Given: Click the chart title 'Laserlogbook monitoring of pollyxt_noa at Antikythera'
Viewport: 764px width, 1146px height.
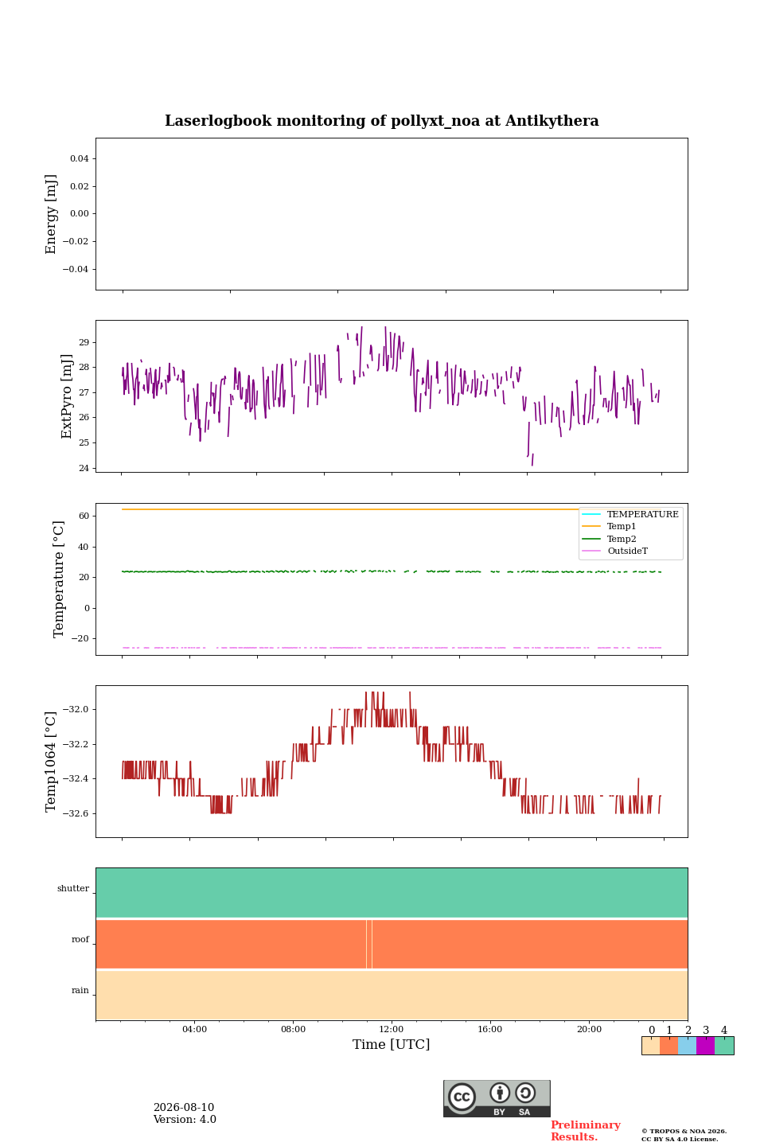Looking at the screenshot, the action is point(381,121).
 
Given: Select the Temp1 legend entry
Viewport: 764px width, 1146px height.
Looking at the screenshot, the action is point(622,526).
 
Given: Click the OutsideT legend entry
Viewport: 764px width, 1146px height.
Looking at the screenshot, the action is point(627,551).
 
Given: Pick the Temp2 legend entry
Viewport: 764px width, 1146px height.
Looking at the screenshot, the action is point(622,539).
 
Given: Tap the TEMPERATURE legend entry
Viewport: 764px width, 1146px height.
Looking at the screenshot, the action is point(643,514).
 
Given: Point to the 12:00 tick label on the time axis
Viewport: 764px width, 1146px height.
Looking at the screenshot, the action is point(391,1029).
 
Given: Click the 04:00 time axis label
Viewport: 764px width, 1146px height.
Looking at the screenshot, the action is point(194,1029).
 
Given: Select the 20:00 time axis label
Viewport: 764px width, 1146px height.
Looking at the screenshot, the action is point(589,1029).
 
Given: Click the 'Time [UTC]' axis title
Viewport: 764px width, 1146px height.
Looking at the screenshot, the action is point(391,1044).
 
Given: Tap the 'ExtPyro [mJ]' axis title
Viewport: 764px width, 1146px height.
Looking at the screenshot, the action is point(66,396).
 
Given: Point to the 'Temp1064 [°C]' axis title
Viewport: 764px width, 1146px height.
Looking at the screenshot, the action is point(50,762).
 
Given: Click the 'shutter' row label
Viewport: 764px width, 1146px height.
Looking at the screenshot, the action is point(73,888).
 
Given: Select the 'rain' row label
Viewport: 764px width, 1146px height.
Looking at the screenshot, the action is point(80,990).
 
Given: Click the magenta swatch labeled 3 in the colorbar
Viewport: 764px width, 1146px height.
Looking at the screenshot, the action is point(706,1045).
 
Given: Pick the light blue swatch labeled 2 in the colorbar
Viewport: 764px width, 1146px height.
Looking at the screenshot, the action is point(688,1045).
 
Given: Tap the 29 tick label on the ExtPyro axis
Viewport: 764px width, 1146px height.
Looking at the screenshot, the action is point(84,342).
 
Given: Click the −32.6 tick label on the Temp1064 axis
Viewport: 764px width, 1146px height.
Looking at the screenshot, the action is point(76,813).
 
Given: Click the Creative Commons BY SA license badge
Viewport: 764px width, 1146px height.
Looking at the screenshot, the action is point(497,1098).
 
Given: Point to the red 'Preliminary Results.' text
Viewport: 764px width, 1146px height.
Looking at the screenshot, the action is point(586,1131).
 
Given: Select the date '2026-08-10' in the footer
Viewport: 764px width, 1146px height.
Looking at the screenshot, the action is point(184,1107).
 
